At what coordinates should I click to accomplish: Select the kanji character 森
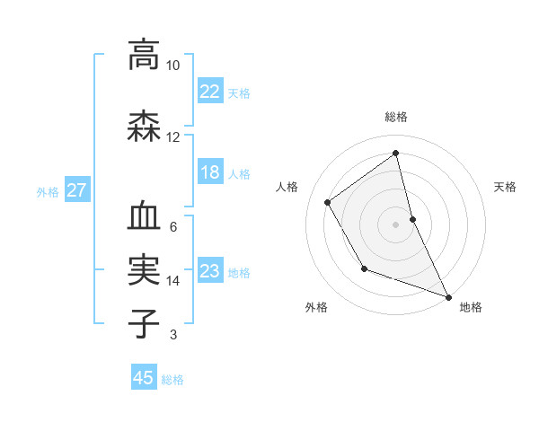[144, 126]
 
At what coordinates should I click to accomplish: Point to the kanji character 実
[144, 269]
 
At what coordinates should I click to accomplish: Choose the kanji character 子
[144, 322]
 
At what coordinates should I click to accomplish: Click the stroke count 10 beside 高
[173, 66]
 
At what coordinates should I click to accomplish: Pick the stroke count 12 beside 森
[173, 137]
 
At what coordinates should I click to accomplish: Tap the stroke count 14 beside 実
[173, 281]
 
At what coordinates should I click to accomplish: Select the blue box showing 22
[209, 91]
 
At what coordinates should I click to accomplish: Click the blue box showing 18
[209, 172]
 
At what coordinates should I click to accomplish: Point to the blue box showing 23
[209, 271]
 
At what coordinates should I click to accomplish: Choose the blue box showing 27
[76, 190]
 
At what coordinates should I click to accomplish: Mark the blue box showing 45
[144, 378]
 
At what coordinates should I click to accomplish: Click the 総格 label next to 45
[172, 380]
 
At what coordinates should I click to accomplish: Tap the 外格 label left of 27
[48, 191]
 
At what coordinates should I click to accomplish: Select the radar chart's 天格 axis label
[506, 187]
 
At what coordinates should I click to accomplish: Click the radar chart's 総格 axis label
[396, 117]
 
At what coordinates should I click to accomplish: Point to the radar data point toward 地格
[448, 297]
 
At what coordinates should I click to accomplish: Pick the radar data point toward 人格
[328, 202]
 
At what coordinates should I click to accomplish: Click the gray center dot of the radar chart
[395, 224]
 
